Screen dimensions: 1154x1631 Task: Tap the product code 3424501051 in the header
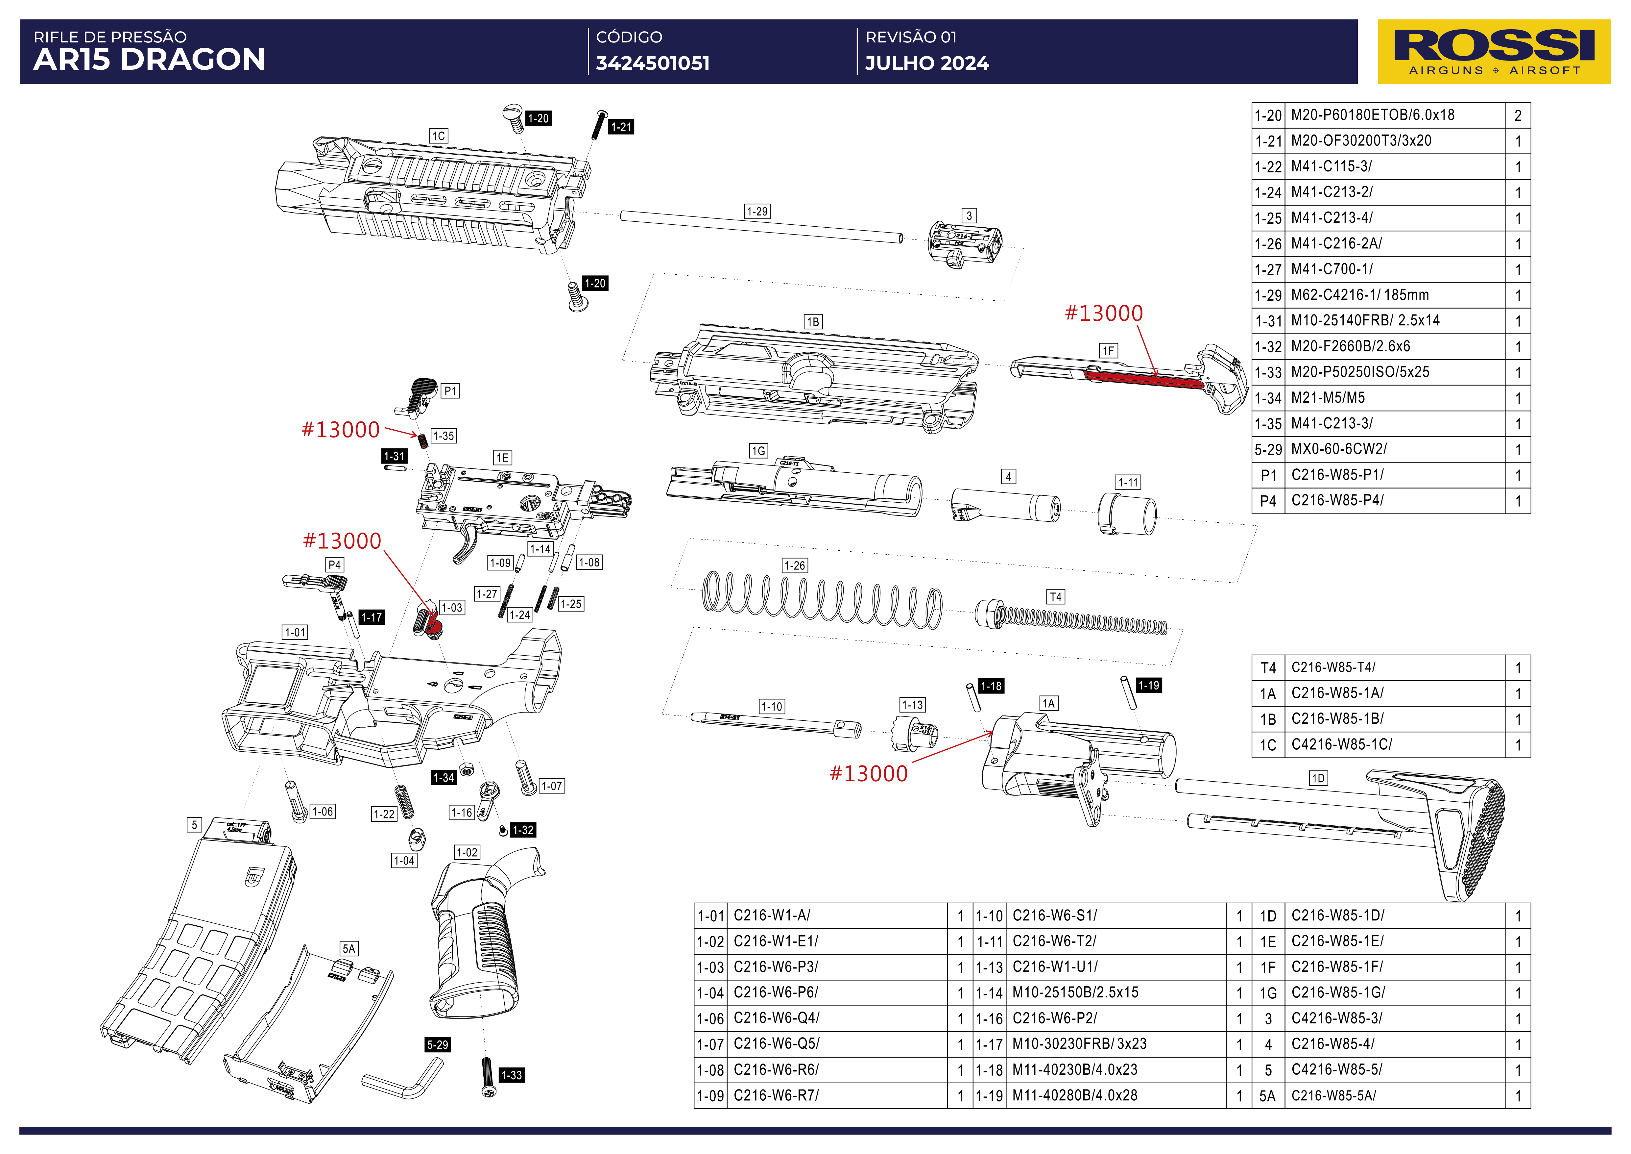[652, 63]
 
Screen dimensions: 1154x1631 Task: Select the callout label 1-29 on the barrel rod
[756, 211]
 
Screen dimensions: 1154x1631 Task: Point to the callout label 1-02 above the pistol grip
[467, 852]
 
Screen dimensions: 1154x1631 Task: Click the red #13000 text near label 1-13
[869, 773]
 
